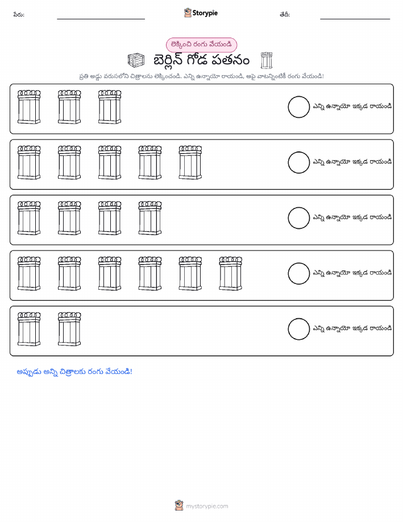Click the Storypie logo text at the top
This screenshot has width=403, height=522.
205,13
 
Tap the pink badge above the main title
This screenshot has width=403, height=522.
201,44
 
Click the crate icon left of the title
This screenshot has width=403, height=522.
136,60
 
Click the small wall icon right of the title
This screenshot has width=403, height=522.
267,60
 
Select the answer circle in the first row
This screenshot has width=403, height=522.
298,107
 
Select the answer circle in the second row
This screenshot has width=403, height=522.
298,162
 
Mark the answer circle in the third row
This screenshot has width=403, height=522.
298,218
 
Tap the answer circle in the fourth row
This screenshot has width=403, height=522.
298,274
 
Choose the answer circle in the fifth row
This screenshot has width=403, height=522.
298,329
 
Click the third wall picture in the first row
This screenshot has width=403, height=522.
110,107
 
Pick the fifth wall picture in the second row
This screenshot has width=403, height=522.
190,162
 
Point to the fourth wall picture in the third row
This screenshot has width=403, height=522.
150,218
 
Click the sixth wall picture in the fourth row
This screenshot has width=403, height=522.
230,274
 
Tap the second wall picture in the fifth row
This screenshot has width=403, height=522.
69,329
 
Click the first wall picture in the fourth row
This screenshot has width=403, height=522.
29,274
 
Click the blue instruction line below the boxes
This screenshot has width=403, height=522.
74,372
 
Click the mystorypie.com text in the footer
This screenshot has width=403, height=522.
207,507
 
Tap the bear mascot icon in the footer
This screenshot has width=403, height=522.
179,505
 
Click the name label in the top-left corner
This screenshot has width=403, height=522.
19,15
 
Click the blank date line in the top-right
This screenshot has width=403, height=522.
355,19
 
